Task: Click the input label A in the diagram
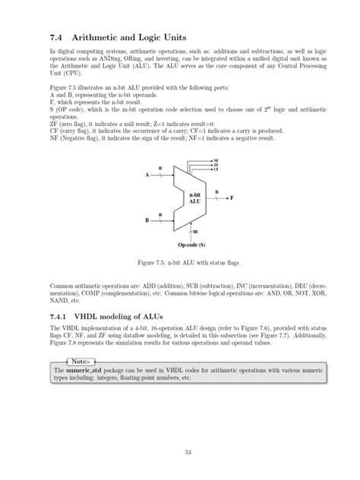[147, 175]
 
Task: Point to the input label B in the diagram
[147, 221]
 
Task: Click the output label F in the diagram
[232, 197]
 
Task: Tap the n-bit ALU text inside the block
[194, 199]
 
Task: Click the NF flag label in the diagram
[216, 161]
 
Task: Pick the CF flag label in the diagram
[216, 169]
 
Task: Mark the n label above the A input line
[160, 167]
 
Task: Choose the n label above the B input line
[160, 214]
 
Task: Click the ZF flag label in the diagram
[216, 165]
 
